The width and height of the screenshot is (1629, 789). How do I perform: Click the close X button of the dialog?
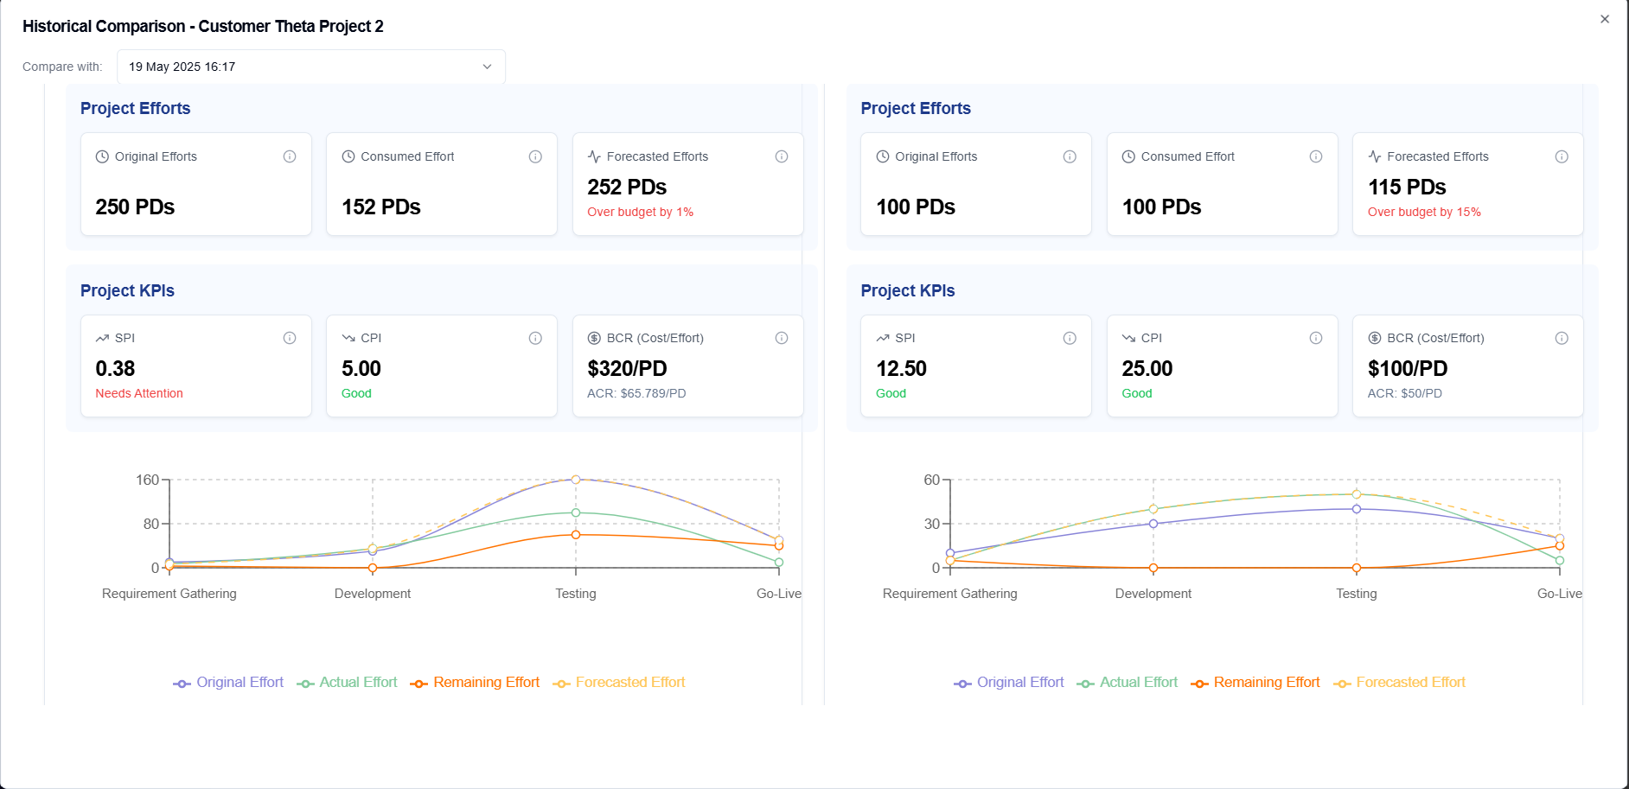point(1605,19)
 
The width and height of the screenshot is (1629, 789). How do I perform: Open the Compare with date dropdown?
point(311,67)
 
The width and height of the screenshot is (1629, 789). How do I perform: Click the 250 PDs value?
point(135,207)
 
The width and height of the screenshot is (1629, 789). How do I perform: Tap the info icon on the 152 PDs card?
point(535,156)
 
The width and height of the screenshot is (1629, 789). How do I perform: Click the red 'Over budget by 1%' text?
point(640,212)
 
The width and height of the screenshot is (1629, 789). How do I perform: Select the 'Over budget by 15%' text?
point(1424,212)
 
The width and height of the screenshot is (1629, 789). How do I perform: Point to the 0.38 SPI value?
point(115,369)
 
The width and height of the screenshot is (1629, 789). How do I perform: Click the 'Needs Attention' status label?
point(139,393)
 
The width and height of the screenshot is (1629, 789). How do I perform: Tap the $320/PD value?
point(627,369)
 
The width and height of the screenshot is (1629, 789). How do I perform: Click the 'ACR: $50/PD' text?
point(1404,393)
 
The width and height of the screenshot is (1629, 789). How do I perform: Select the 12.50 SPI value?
point(901,369)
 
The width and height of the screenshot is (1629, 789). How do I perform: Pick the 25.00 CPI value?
point(1147,369)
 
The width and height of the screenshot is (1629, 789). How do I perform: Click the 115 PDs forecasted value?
point(1407,188)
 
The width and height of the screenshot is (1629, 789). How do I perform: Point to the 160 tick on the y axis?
point(147,480)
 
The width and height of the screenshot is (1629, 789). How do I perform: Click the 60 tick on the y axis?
point(931,480)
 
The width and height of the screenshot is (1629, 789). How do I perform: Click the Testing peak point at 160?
point(576,480)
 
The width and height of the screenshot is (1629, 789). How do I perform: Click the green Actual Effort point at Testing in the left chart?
point(576,512)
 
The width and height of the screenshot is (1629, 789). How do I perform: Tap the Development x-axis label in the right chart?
point(1153,594)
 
